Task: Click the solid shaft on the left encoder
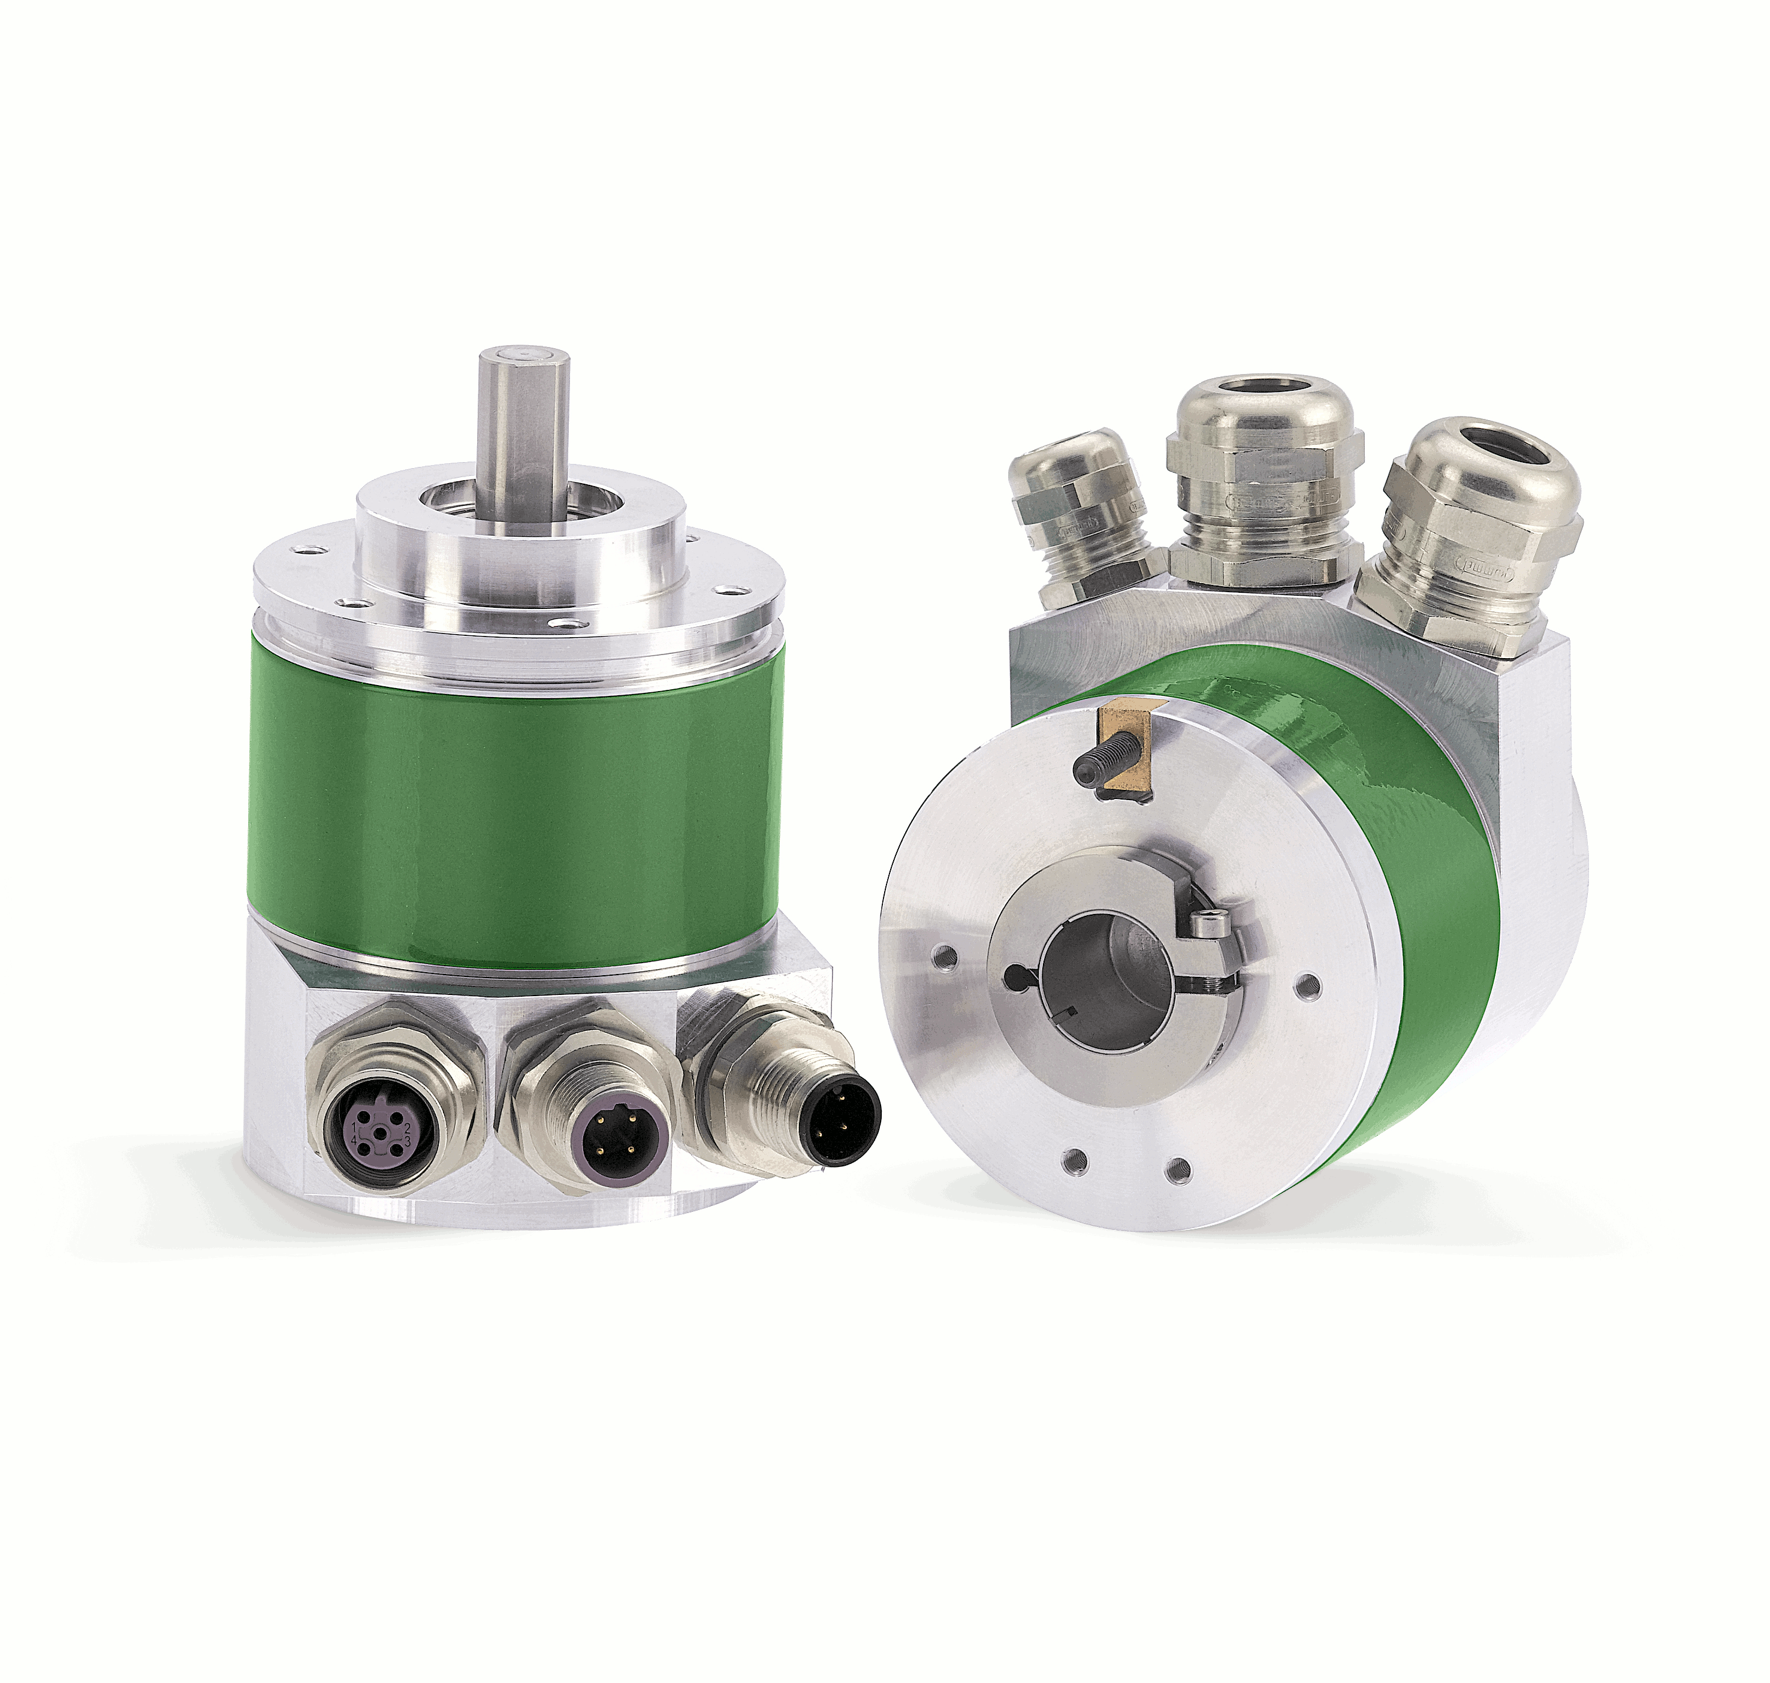[524, 421]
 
